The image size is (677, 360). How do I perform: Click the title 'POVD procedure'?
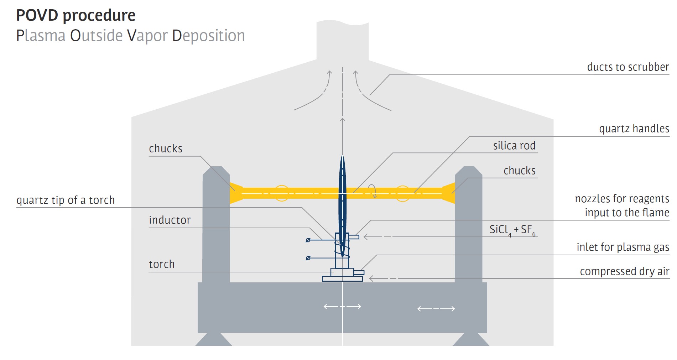tap(76, 16)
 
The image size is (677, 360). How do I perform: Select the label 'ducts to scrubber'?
tap(628, 67)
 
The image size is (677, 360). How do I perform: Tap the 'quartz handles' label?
tap(634, 129)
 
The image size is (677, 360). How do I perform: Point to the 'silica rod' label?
tap(514, 145)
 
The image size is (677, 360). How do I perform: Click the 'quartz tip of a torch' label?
tap(66, 200)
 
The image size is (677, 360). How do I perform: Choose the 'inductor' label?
tap(170, 220)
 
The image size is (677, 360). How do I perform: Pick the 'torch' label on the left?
tap(162, 264)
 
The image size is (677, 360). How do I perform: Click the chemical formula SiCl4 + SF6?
tap(512, 230)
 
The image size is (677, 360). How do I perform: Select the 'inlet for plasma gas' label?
tap(623, 247)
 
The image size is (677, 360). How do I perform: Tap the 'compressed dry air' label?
tap(625, 271)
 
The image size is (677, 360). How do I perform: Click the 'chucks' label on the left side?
tap(166, 148)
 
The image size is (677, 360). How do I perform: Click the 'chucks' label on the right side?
tap(520, 171)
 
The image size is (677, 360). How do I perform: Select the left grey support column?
tap(216, 224)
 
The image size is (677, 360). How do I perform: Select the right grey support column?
tap(469, 224)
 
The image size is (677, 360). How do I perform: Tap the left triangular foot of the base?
tap(214, 339)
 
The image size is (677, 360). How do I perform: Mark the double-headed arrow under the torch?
tap(342, 307)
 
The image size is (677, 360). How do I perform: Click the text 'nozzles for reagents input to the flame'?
tap(622, 205)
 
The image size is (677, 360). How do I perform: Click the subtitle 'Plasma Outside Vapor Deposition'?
tap(131, 36)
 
